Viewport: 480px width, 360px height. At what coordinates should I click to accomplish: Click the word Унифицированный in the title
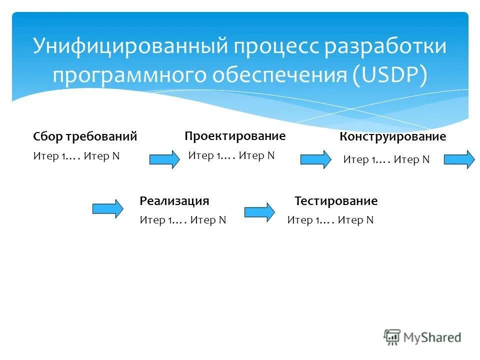(128, 46)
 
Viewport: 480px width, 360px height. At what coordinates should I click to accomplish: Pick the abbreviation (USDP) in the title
(390, 75)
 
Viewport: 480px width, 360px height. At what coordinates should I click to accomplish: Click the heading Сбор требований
(85, 136)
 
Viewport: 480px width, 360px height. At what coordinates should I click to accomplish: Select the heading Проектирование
(235, 136)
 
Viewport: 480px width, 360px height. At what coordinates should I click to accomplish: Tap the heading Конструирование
(392, 136)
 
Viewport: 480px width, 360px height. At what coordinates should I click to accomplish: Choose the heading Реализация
(174, 201)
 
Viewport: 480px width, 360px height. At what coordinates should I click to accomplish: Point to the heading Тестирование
(336, 201)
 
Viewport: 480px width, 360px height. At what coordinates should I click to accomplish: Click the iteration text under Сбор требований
(76, 156)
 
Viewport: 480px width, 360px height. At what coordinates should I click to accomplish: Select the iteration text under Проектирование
(231, 155)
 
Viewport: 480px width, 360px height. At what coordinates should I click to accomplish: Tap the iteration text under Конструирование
(386, 159)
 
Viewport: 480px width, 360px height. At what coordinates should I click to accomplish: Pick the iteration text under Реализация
(183, 220)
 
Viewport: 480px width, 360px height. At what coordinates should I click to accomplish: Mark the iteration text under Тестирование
(330, 220)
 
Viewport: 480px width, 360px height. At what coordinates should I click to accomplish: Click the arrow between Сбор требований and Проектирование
(164, 159)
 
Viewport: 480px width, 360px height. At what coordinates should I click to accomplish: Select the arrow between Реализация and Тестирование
(259, 212)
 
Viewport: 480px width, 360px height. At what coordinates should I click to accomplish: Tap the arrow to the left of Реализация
(107, 208)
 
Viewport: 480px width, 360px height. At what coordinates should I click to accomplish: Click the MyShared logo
(422, 337)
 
